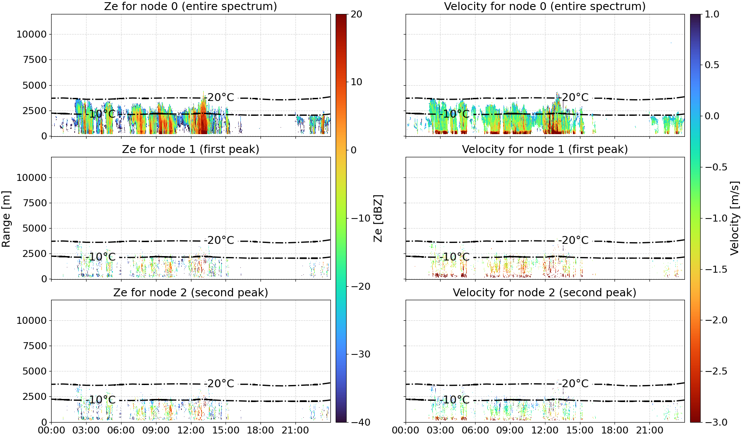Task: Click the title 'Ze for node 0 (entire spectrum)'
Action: point(191,6)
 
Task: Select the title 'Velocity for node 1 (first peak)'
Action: point(545,149)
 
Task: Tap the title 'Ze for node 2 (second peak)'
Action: point(191,292)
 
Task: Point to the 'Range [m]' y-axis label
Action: point(6,219)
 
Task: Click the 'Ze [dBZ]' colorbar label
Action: point(378,218)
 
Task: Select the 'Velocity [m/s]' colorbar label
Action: point(735,218)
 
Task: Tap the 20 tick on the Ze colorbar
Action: point(357,14)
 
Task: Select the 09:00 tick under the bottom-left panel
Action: point(156,430)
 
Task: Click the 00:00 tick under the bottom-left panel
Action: point(52,430)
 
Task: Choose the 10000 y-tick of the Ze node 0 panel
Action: point(32,34)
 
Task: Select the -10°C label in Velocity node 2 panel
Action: point(455,400)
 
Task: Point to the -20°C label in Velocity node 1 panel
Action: point(573,240)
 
